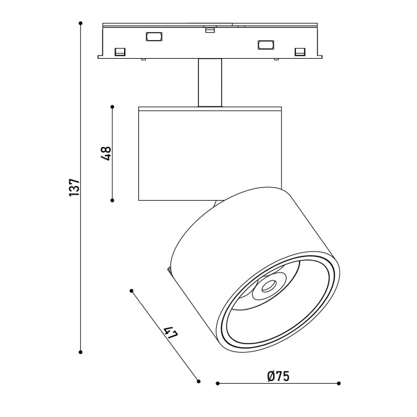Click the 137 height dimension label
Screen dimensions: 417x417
74,187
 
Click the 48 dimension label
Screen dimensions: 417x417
106,153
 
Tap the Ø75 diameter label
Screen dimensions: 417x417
278,376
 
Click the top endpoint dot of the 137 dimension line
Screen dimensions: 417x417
80,23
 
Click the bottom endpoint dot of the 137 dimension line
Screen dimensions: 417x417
80,352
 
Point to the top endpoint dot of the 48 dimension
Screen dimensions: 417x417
112,107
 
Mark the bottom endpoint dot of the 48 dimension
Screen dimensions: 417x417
112,200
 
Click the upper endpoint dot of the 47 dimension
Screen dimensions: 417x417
132,291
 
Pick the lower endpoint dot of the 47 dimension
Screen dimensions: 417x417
198,381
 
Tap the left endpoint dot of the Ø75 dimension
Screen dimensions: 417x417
217,383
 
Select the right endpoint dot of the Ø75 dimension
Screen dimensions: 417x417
339,383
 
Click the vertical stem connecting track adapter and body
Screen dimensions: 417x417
210,82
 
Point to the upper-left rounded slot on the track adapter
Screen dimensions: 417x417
154,36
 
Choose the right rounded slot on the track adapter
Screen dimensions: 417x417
266,44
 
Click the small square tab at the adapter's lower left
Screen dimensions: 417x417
120,52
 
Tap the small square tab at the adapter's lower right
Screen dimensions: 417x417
300,52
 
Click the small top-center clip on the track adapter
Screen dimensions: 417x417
210,29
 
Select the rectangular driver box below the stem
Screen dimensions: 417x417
210,153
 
